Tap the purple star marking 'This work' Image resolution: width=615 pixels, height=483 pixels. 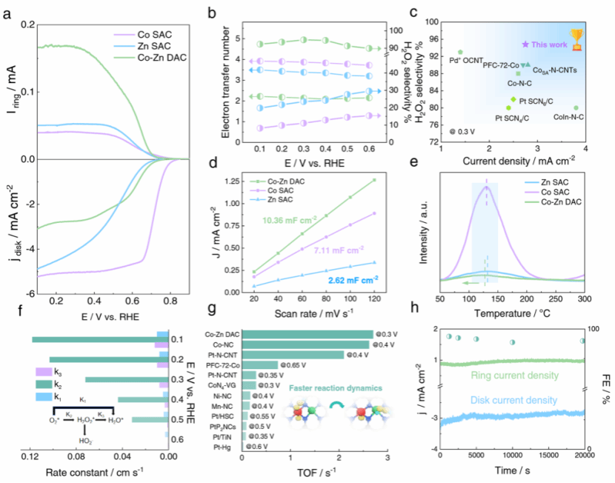525,45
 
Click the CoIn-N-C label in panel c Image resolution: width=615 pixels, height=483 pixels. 564,116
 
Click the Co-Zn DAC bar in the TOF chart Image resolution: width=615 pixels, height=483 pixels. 307,334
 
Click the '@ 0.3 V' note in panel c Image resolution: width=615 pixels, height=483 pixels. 461,131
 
